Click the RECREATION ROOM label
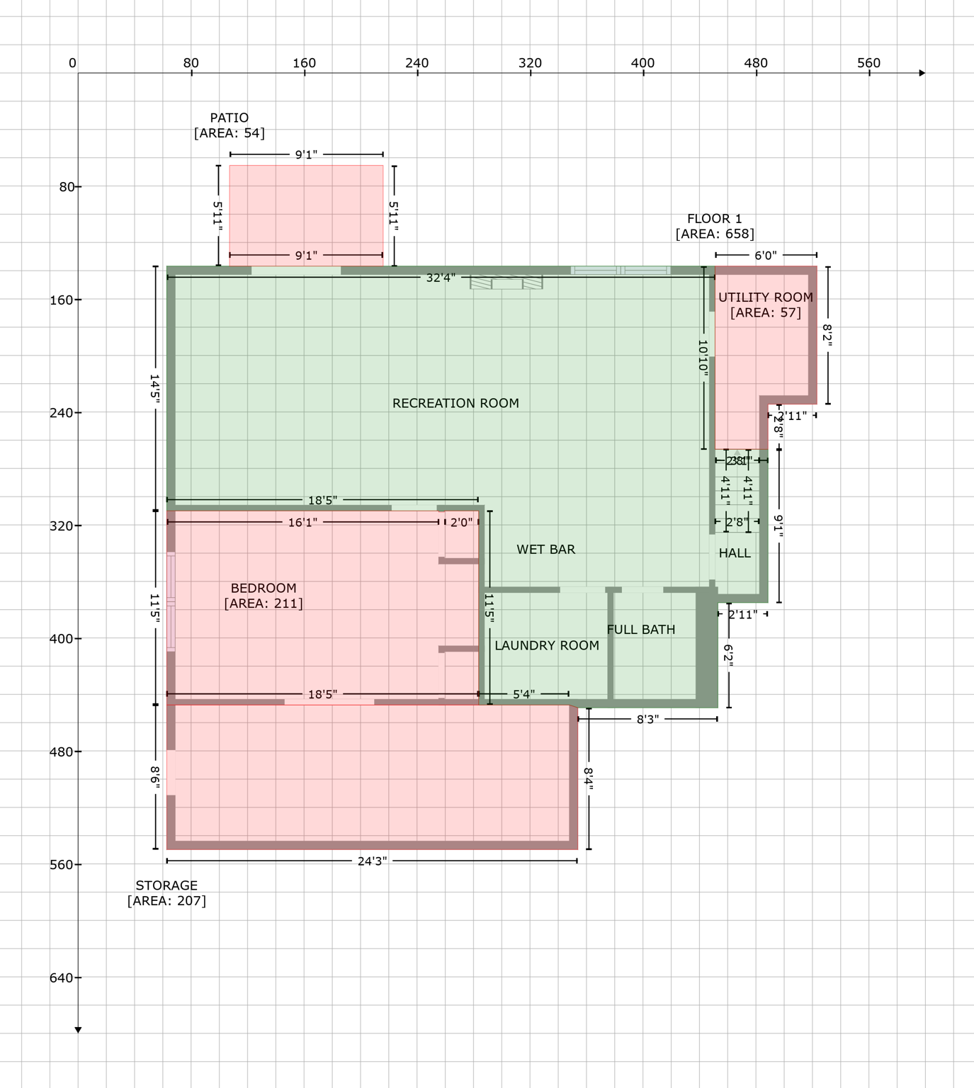455,403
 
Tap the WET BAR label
545,549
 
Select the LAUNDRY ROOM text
546,645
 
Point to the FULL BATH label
640,629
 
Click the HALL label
735,553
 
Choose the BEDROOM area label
264,596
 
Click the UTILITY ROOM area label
765,305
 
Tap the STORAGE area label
166,893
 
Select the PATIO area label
230,125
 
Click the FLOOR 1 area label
714,226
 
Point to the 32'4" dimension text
440,278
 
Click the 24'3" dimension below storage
372,861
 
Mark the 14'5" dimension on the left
155,389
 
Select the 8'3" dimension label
647,720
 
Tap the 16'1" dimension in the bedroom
302,523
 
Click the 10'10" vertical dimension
703,356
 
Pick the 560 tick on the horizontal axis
868,63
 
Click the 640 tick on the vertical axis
61,977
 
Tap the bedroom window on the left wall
171,602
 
